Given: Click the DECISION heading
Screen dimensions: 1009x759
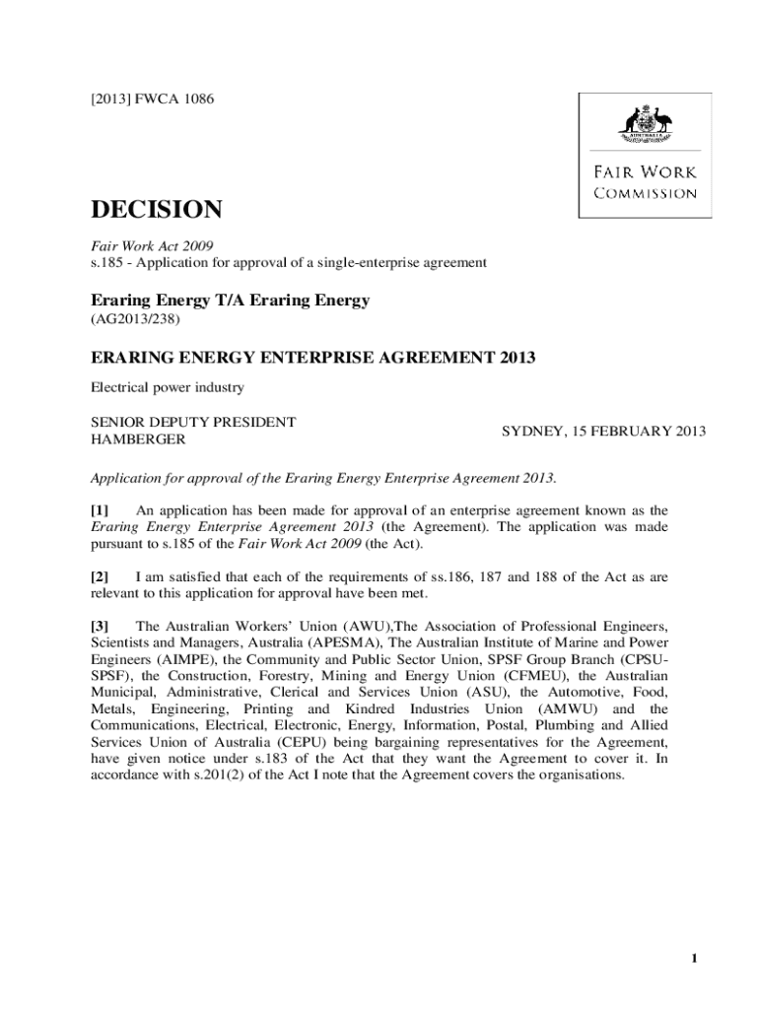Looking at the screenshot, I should tap(156, 209).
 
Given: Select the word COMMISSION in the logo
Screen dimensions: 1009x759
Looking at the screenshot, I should tap(645, 193).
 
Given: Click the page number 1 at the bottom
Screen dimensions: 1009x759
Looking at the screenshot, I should tap(695, 960).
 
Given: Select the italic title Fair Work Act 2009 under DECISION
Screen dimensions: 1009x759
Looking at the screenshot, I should tap(153, 244).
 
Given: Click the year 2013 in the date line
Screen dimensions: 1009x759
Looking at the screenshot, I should tap(689, 432).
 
